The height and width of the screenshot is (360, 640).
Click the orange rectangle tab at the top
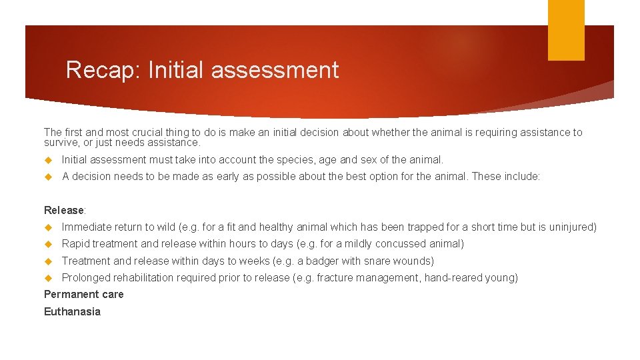point(566,30)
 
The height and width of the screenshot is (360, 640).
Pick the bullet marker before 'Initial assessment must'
point(48,160)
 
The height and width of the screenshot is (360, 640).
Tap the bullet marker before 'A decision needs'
point(48,177)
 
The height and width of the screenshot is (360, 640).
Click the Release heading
point(64,211)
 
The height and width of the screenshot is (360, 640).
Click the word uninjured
point(572,227)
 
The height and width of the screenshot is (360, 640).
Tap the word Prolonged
point(86,278)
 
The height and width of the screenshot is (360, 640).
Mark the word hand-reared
point(453,278)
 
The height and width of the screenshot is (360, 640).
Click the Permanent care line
point(84,295)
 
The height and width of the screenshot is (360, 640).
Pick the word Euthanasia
point(72,312)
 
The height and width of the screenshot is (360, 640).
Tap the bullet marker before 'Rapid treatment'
point(48,244)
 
